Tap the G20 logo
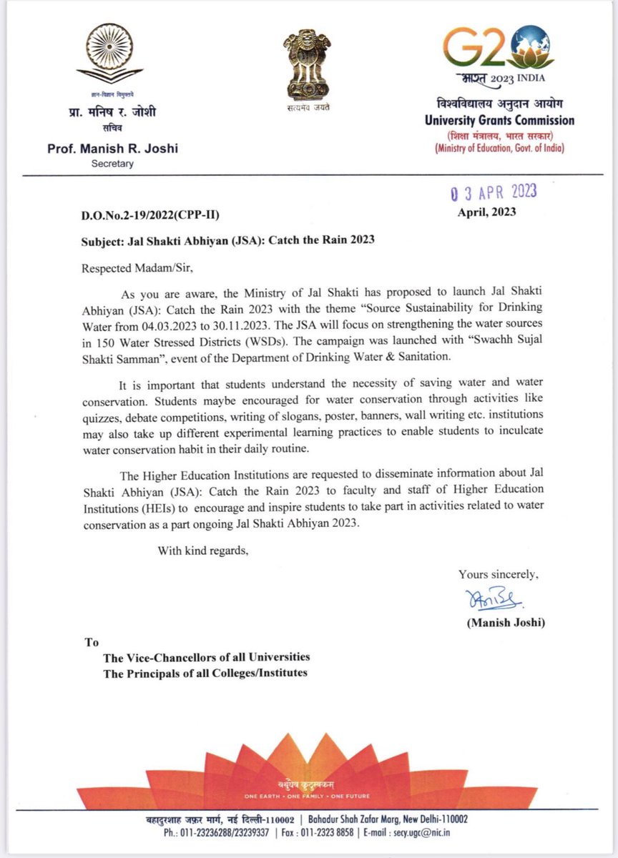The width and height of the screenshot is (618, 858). pos(495,49)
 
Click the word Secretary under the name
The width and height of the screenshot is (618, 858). pos(112,164)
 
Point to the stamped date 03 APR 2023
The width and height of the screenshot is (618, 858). pos(493,192)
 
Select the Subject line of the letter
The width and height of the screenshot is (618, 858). pos(227,240)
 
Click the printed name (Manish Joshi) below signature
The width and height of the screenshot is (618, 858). pos(506,623)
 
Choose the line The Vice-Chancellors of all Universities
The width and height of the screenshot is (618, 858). pos(207,657)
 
